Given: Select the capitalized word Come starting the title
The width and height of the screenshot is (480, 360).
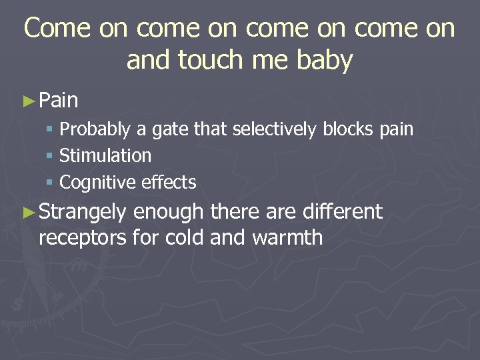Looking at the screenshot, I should click(x=56, y=28).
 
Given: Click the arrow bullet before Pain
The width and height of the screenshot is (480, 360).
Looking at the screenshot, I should click(x=28, y=101).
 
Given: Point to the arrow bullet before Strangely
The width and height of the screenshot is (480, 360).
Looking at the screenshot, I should click(x=28, y=213).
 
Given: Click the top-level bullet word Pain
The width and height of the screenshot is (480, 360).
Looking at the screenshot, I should click(x=59, y=101).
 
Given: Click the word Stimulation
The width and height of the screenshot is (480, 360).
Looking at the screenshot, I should click(x=105, y=156).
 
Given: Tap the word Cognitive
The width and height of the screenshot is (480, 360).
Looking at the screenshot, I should click(x=96, y=183).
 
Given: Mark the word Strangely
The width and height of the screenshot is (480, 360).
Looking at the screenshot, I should click(x=83, y=213).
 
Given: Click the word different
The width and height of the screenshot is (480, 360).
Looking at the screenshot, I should click(x=342, y=212).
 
